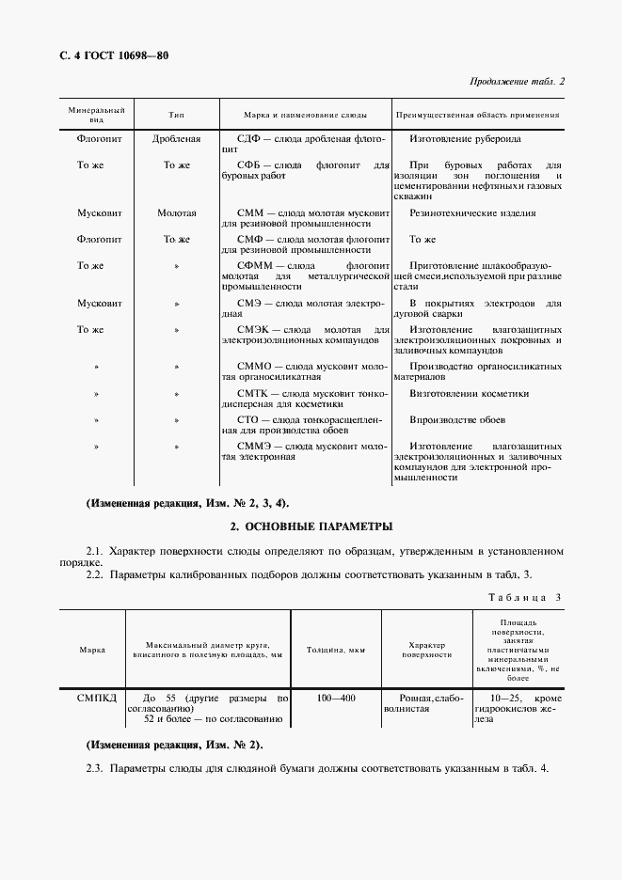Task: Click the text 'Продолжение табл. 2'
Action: pyautogui.click(x=517, y=82)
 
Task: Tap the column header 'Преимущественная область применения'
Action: pyautogui.click(x=478, y=115)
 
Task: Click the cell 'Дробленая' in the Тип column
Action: pyautogui.click(x=177, y=139)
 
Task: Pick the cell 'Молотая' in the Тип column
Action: pyautogui.click(x=177, y=213)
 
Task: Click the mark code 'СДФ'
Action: pyautogui.click(x=248, y=139)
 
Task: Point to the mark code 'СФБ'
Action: pyautogui.click(x=248, y=165)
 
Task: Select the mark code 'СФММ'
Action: pyautogui.click(x=253, y=266)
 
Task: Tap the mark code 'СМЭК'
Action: pyautogui.click(x=252, y=330)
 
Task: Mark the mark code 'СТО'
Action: pyautogui.click(x=248, y=419)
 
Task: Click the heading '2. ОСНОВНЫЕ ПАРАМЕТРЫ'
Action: pyautogui.click(x=311, y=526)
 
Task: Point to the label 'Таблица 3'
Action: pyautogui.click(x=524, y=598)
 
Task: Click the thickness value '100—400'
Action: pyautogui.click(x=336, y=699)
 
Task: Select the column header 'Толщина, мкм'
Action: pyautogui.click(x=336, y=650)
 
